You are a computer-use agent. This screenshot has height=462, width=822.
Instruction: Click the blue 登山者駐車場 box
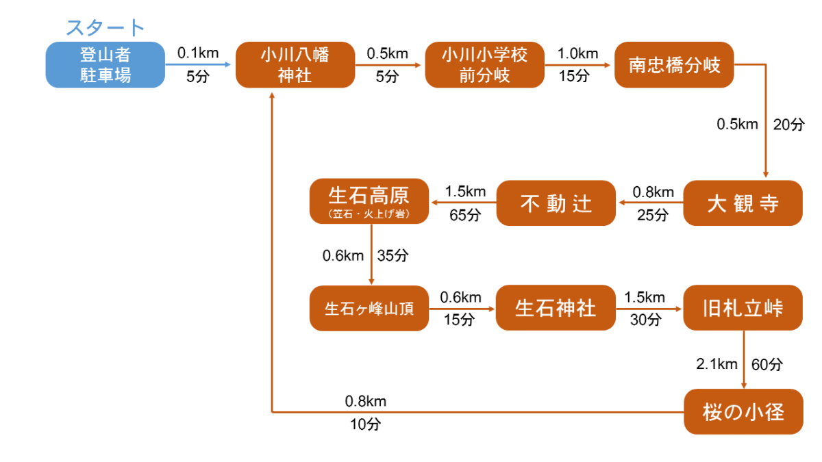[105, 65]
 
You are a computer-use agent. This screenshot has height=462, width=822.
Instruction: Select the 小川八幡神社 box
[295, 65]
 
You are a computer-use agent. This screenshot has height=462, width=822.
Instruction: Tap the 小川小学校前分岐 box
[484, 65]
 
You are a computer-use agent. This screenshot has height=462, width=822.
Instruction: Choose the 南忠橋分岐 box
[674, 65]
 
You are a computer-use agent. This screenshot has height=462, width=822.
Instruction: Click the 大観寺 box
[743, 203]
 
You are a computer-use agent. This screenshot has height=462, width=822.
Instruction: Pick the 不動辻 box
[556, 203]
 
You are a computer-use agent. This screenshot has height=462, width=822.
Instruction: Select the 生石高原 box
[369, 201]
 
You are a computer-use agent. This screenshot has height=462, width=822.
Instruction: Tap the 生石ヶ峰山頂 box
[369, 309]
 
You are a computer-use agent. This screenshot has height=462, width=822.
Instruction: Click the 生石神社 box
[556, 309]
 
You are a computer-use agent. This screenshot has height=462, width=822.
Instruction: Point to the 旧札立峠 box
[743, 309]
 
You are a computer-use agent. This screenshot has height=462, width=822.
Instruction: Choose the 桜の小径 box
[743, 412]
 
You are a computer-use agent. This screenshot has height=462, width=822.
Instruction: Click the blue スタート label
[105, 27]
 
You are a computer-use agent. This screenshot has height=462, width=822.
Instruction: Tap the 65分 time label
[465, 214]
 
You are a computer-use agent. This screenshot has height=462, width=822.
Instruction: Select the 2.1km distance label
[717, 364]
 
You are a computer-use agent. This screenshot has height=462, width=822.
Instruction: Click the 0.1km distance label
[197, 53]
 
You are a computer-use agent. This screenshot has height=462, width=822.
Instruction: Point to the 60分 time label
[767, 364]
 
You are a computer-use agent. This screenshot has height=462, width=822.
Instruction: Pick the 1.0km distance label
[577, 53]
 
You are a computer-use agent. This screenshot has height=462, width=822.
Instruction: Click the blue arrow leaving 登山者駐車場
[200, 65]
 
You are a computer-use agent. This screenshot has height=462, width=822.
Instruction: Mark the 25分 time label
[652, 215]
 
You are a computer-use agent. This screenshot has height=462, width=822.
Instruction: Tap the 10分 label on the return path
[364, 424]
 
